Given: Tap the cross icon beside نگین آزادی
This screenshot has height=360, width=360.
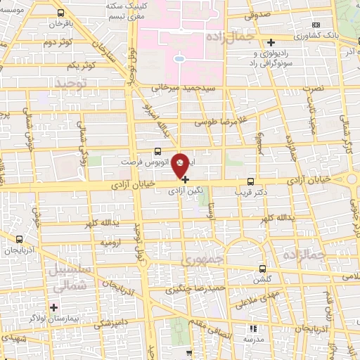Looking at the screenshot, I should click(185, 179).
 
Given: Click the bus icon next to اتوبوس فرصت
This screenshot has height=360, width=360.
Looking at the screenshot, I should click(157, 150).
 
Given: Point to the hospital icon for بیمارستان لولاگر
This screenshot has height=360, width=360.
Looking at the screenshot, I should click(53, 307).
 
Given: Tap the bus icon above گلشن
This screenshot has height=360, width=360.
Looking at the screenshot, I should click(263, 269).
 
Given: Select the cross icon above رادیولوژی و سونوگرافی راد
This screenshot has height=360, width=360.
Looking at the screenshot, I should click(271, 43).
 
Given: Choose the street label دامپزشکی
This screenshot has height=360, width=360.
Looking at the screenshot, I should click(110, 323).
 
